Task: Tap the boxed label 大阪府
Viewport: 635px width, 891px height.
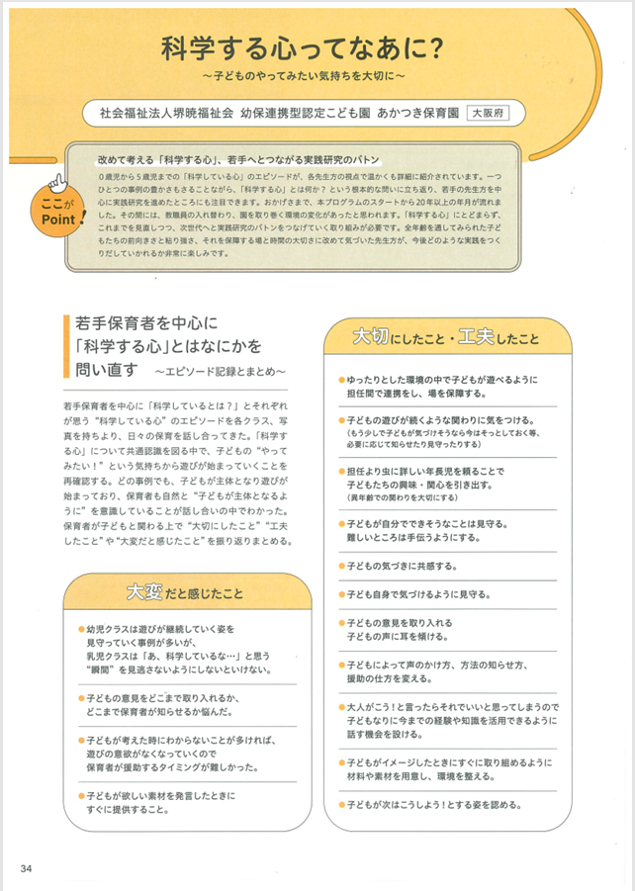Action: (x=486, y=111)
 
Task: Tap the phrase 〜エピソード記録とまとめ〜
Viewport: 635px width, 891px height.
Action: (x=220, y=370)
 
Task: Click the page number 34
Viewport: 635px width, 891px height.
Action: (x=27, y=869)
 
